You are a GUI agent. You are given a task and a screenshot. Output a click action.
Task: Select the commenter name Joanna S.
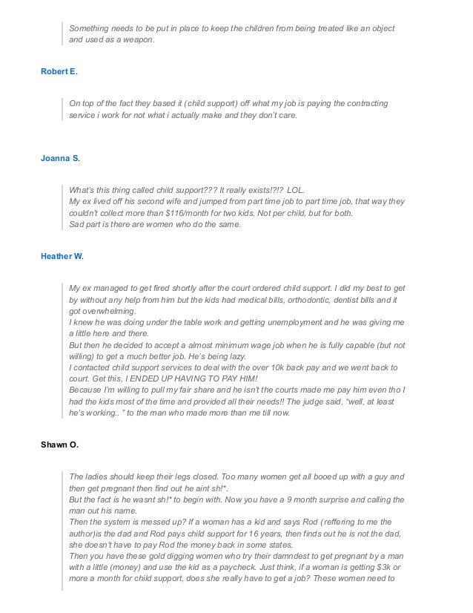[62, 160]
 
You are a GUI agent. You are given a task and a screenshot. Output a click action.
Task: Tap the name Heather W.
[62, 256]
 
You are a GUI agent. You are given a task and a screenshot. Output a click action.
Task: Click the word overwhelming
[103, 312]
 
